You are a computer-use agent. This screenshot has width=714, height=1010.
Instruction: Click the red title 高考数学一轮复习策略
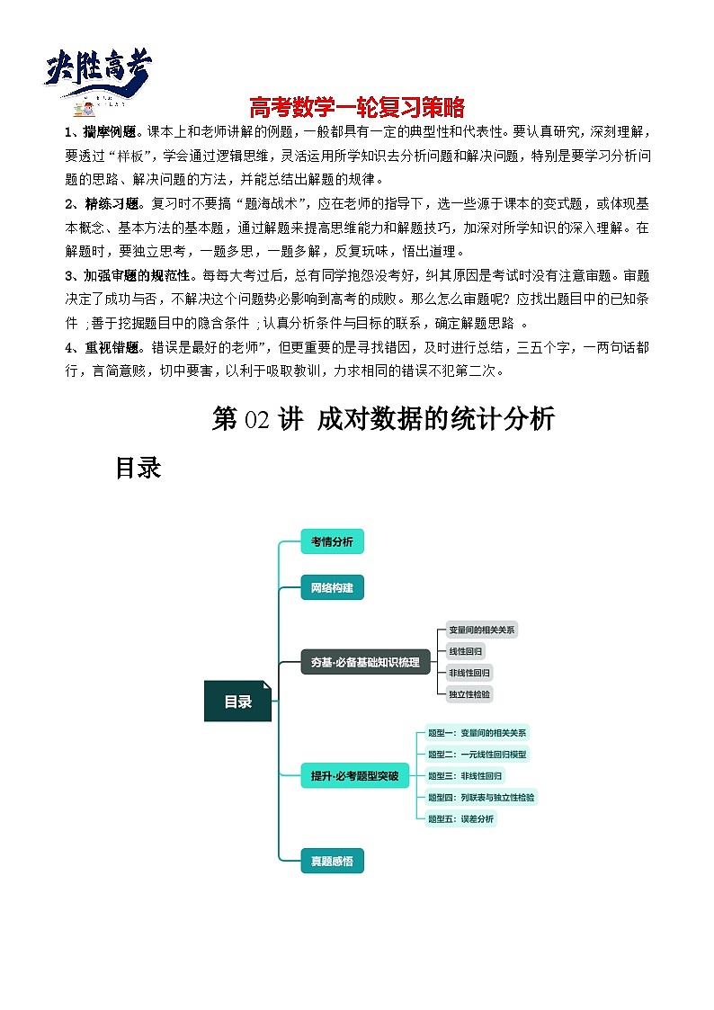(357, 108)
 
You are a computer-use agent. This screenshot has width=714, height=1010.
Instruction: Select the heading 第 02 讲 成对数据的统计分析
(383, 418)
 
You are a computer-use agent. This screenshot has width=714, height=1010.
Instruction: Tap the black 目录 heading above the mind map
(138, 468)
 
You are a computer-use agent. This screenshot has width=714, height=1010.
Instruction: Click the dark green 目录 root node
(237, 702)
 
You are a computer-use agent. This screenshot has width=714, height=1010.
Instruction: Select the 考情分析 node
(332, 541)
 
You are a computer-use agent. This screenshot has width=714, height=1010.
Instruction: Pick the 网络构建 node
(332, 588)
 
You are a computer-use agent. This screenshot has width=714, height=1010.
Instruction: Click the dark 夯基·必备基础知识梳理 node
(365, 662)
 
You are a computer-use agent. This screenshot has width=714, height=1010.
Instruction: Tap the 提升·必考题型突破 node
(353, 774)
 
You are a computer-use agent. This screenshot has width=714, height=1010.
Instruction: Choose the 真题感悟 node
(332, 861)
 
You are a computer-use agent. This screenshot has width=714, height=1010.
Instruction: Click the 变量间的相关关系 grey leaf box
(481, 630)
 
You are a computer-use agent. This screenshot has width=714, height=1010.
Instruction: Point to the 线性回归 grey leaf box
(466, 650)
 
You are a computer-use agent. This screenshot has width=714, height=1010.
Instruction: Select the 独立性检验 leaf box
(470, 693)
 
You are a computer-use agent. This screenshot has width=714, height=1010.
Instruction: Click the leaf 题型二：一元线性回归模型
(477, 754)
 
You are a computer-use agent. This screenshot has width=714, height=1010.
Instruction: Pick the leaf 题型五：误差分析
(460, 818)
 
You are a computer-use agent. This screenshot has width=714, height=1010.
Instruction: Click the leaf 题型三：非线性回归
(465, 775)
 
